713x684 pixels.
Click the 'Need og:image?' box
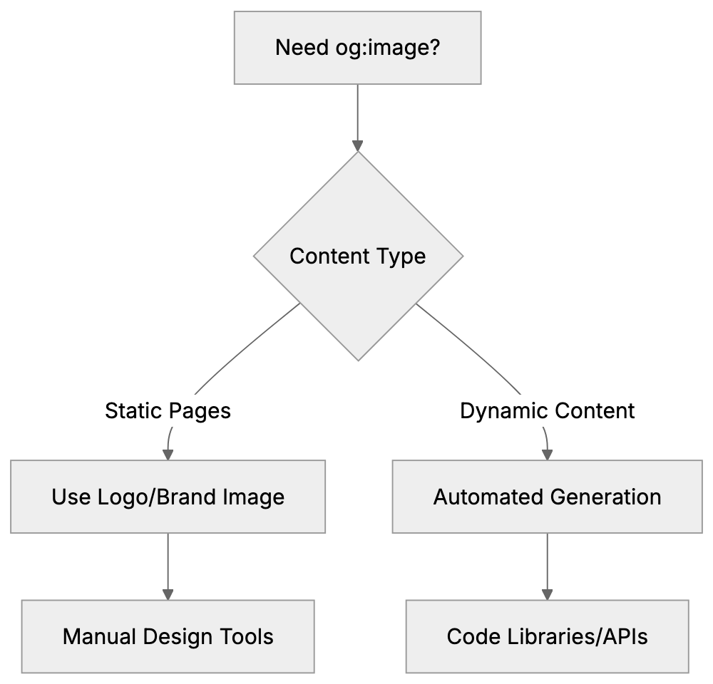pos(357,48)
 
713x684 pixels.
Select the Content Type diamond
pos(358,256)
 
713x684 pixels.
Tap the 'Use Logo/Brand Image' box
pos(168,497)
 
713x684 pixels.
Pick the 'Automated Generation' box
pos(547,497)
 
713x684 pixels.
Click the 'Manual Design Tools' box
pos(168,636)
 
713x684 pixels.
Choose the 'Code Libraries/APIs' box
pos(547,636)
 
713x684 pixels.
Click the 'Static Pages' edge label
pos(168,411)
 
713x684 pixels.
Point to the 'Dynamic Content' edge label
pos(547,411)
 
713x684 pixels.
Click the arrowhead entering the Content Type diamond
pos(358,145)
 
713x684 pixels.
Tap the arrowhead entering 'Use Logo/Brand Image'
pos(168,453)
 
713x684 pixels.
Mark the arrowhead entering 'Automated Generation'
pos(547,453)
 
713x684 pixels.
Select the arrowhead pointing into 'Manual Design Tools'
pos(168,593)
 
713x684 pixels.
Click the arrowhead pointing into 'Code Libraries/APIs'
pos(547,593)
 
